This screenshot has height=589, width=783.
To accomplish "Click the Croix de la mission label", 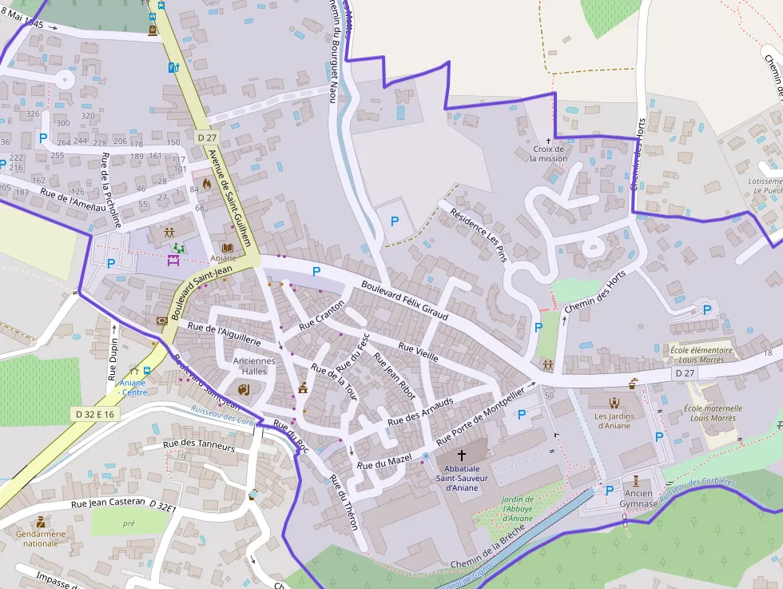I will coord(548,153).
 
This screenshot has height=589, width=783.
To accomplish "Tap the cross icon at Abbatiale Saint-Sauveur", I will coord(461,456).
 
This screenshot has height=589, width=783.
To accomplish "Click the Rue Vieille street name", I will coord(418,352).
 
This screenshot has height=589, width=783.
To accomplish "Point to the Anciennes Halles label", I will coord(253,366).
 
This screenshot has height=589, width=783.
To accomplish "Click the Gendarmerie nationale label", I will coord(41,538).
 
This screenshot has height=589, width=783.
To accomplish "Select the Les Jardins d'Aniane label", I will coord(614,420).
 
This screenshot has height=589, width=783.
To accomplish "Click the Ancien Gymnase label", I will coord(636,499).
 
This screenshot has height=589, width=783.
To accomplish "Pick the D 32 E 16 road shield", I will coord(95,414).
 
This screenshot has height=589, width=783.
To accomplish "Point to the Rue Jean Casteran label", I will coord(108,503).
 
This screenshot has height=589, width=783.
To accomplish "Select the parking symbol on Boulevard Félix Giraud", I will coord(316,272).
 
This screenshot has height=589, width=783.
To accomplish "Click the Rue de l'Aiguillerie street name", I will coord(225,333).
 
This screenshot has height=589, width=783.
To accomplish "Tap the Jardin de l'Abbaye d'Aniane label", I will coord(517,510).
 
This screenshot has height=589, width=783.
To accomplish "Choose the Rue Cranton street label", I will coord(322,316).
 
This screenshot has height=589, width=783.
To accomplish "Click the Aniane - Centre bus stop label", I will coord(133,388).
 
